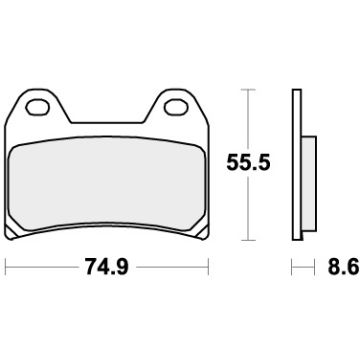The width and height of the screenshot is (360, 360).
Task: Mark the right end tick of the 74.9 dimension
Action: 209,267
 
